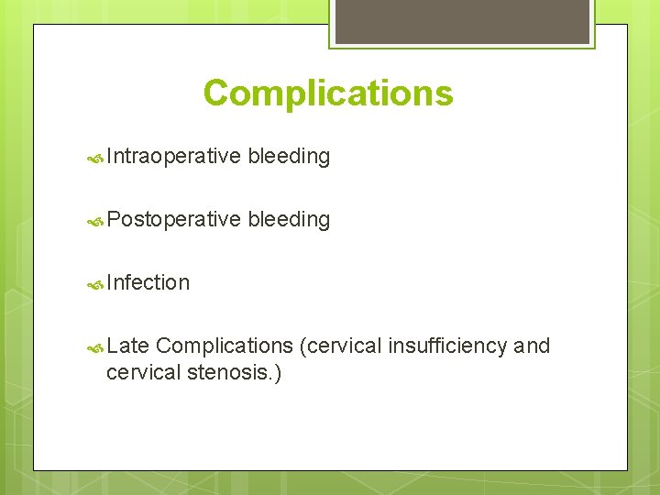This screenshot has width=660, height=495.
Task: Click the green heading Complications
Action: (x=328, y=93)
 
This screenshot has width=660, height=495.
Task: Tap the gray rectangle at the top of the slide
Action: (x=461, y=21)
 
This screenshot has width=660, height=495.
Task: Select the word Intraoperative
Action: (x=173, y=157)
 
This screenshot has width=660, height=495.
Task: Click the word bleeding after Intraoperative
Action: (x=289, y=157)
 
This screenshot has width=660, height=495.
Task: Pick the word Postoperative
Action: (x=173, y=219)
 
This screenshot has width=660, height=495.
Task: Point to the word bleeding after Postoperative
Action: (x=289, y=219)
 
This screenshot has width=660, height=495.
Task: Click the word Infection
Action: (x=148, y=282)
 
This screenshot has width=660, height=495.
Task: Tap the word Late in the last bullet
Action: (x=127, y=346)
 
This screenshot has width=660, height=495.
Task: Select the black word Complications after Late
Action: (x=224, y=346)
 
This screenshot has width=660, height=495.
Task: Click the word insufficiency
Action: (x=448, y=346)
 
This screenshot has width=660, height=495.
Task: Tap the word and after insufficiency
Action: (x=533, y=346)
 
